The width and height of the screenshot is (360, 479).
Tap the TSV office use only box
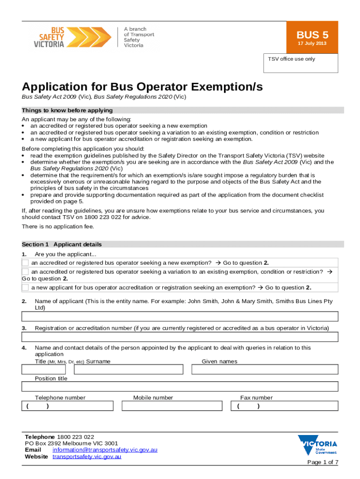pos(301,63)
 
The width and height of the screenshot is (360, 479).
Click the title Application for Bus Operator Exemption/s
pos(142,87)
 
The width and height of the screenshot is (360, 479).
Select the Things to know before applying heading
pos(67,110)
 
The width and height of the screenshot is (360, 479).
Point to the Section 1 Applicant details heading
pos(62,244)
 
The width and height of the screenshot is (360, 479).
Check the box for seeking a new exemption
pos(26,263)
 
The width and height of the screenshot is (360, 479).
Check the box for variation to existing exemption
pos(26,272)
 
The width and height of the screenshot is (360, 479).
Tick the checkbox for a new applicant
pos(26,287)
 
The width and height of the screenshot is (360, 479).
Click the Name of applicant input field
pos(180,317)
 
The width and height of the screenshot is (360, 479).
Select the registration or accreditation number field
pos(180,337)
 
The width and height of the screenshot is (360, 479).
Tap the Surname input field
pos(129,370)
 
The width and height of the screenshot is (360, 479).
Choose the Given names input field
pos(265,370)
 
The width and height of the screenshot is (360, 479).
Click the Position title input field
pos(180,386)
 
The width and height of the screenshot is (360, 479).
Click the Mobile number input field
pos(172,406)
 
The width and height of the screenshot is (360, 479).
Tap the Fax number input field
pos(284,406)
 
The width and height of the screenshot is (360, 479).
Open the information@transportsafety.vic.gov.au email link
pos(105,450)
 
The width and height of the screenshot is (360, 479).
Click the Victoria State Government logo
pos(317,445)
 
